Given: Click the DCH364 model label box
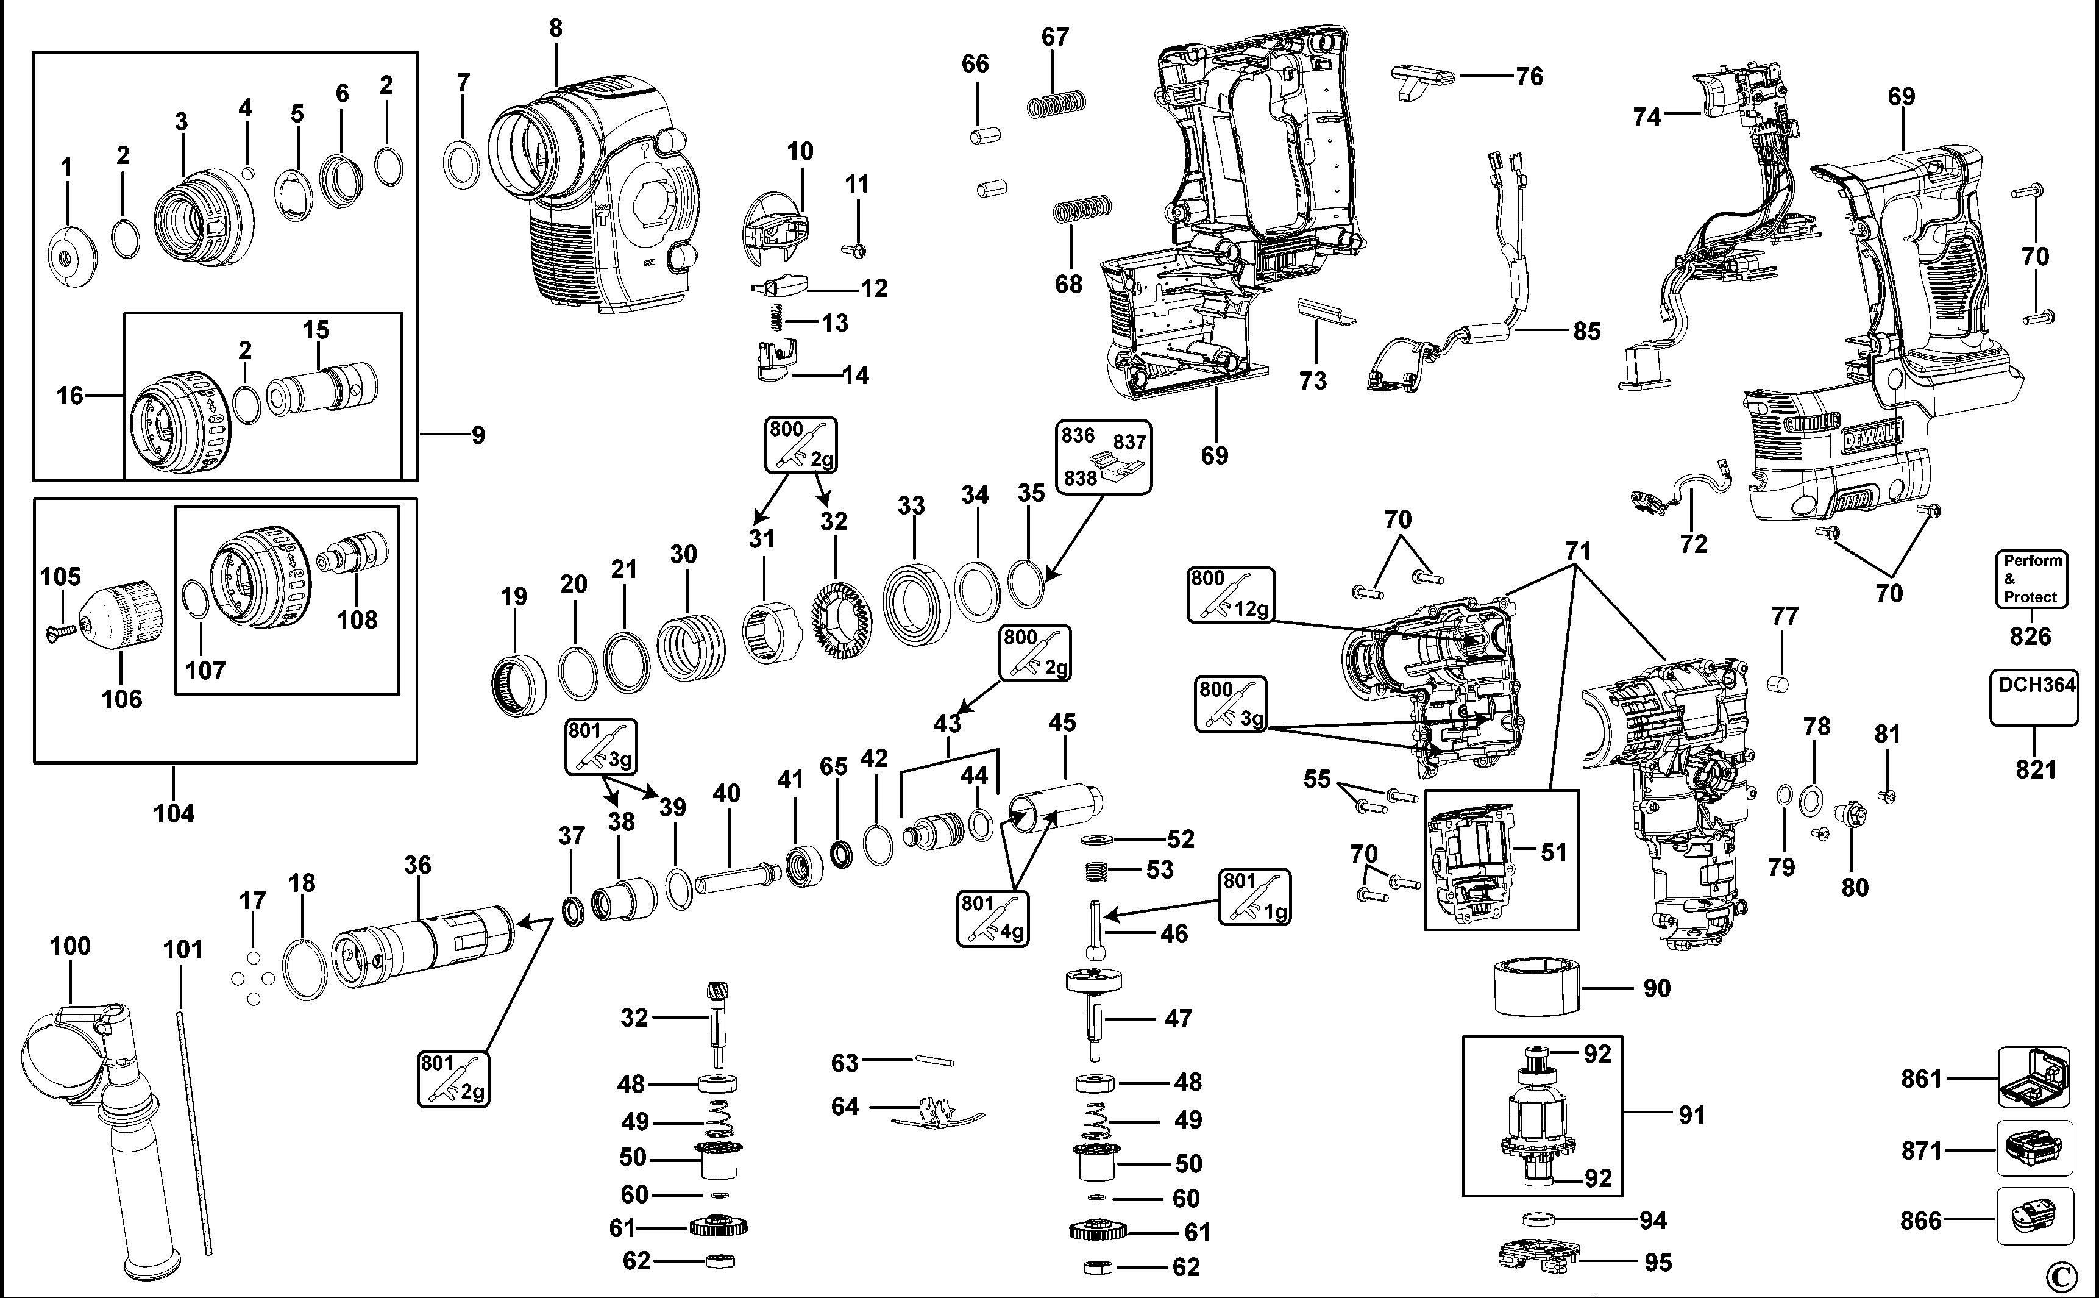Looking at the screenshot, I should [x=2033, y=697].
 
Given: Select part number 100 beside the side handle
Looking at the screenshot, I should [x=69, y=946].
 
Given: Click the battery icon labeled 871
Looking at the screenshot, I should [x=2033, y=1148].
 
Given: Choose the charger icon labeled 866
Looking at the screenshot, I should [x=2033, y=1218].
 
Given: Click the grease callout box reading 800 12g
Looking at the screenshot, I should [x=1230, y=594].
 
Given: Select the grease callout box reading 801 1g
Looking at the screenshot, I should [x=1254, y=896].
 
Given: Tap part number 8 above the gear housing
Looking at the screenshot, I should [x=556, y=28].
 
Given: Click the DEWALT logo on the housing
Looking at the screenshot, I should [x=1870, y=438].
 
